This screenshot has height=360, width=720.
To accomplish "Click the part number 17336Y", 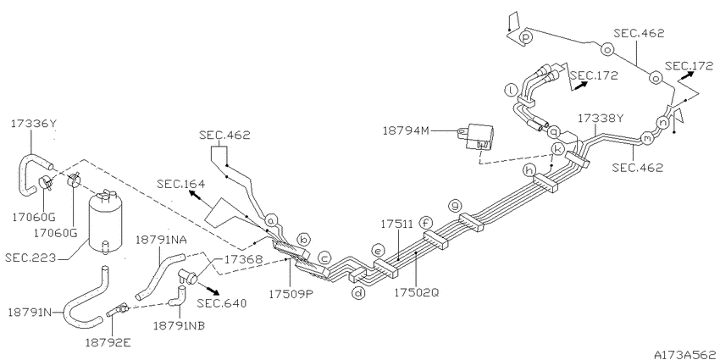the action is [34, 124].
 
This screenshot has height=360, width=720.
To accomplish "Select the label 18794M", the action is [406, 130].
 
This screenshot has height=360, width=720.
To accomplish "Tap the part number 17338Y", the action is [601, 118].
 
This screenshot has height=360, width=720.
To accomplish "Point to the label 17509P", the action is [291, 293].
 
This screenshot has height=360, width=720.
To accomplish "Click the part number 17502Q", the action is [416, 292].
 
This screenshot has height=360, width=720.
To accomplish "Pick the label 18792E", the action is [108, 342].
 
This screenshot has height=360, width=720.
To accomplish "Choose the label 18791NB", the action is [179, 325].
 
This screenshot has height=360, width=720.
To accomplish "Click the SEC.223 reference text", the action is [30, 258].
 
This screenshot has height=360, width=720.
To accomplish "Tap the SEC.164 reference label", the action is [180, 184].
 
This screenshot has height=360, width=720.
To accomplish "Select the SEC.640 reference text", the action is [222, 303].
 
